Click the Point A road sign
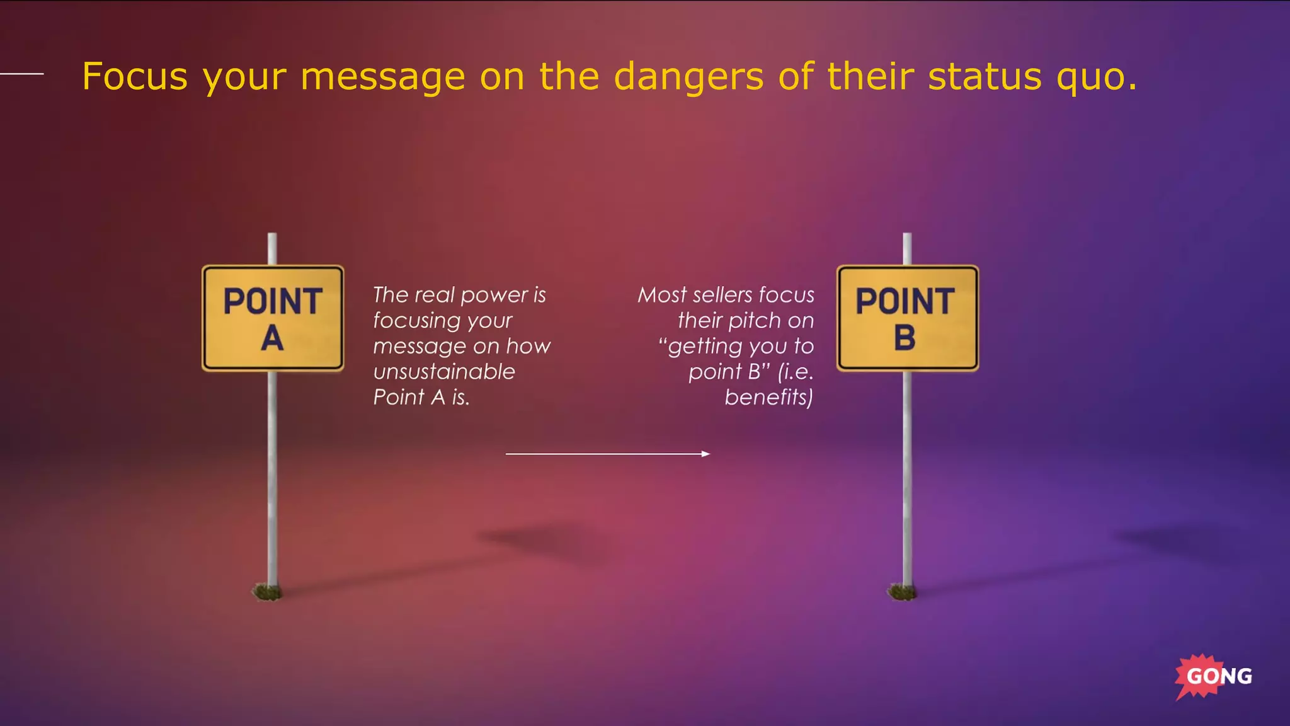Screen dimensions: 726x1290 tap(273, 318)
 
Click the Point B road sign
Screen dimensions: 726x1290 tap(907, 318)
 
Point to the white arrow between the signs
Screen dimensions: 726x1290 tap(608, 454)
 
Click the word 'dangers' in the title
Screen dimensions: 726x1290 tap(688, 77)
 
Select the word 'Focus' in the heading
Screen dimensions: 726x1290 tap(135, 77)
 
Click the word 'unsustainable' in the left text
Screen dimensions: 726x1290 tap(444, 372)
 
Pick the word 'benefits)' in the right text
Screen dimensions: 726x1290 tap(768, 398)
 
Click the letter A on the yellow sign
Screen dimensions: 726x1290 tap(272, 338)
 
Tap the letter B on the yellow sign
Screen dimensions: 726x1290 tap(905, 338)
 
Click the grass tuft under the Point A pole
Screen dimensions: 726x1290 tap(267, 592)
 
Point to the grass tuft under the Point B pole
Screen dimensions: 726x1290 tap(902, 592)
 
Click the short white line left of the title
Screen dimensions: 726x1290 tap(22, 74)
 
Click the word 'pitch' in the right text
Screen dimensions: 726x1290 tap(753, 321)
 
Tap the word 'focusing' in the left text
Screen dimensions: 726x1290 tap(416, 321)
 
